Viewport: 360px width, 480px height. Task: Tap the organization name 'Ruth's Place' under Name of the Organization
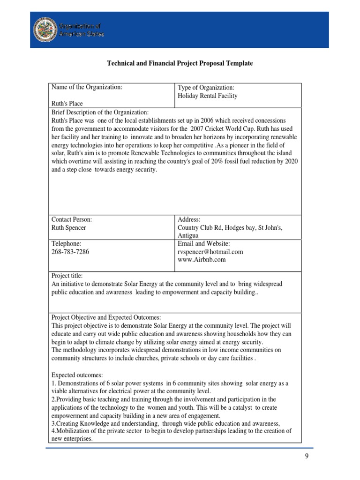coord(67,104)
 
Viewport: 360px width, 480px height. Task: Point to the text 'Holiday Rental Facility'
coord(208,96)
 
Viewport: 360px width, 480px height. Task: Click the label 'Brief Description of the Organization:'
coord(99,112)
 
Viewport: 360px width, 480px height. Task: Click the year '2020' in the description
coord(292,161)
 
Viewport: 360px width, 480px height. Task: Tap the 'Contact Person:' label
coord(71,219)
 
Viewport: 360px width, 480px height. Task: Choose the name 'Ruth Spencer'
coord(68,228)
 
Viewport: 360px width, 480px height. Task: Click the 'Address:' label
coord(189,219)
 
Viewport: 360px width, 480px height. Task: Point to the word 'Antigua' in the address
coord(188,235)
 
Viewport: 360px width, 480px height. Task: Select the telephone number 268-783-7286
coord(70,252)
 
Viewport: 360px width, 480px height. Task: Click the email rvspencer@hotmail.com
coord(210,252)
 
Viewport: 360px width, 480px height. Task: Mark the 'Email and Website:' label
coord(204,243)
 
